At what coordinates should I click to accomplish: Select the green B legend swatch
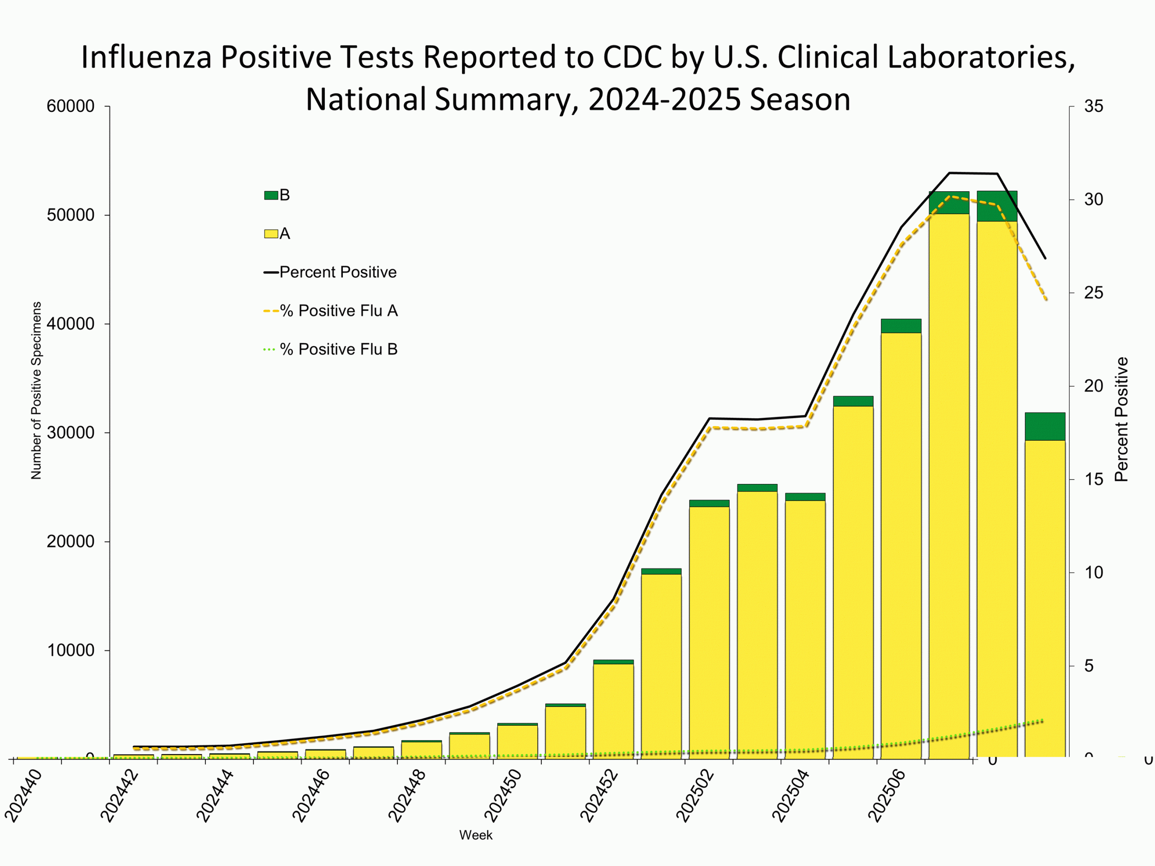tap(271, 195)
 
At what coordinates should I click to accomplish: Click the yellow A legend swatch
tap(271, 234)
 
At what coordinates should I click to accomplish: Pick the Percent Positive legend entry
tap(338, 272)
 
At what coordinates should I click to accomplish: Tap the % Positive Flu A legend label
tap(339, 311)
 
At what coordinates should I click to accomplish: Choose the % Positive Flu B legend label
tap(339, 349)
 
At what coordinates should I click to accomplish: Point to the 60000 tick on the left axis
tap(70, 106)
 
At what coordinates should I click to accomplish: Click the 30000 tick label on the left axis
tap(70, 433)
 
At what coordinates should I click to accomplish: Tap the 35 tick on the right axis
tap(1093, 106)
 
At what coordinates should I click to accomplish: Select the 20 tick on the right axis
tap(1093, 386)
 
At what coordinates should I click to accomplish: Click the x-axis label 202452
tap(600, 796)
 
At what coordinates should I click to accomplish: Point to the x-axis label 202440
tap(23, 796)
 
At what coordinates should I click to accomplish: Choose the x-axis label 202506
tap(887, 796)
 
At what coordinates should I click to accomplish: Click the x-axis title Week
tap(476, 835)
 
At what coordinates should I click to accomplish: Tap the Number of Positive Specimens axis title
tap(36, 391)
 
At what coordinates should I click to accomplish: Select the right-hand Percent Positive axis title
tap(1122, 419)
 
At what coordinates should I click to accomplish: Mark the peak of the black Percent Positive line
tap(950, 173)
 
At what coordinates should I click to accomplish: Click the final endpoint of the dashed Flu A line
tap(1046, 299)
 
